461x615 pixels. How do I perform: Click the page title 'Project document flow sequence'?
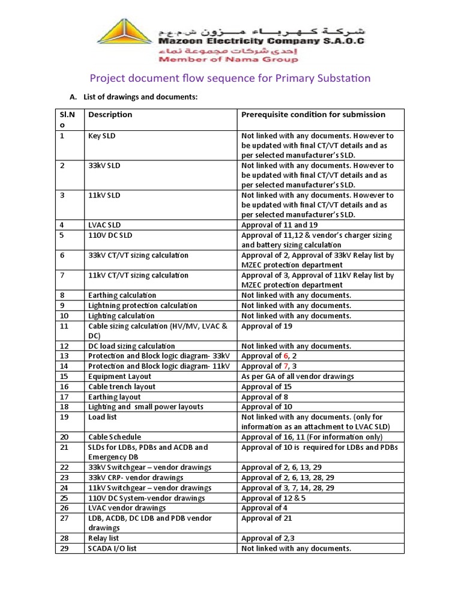230,78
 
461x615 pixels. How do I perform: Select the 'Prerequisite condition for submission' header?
313,115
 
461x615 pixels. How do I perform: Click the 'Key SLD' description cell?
102,136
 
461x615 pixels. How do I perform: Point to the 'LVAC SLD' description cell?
104,225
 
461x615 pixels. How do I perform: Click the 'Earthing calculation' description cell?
122,295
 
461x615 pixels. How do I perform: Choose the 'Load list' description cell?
103,417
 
